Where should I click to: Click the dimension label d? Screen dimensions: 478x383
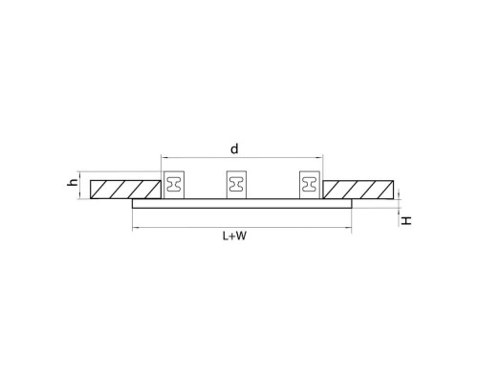[x=234, y=149]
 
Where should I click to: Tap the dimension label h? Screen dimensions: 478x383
[x=73, y=182]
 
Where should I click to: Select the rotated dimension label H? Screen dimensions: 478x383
[x=406, y=220]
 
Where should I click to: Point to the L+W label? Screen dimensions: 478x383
[x=234, y=237]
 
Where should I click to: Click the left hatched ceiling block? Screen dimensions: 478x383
[x=125, y=190]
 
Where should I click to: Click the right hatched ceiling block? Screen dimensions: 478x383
[x=358, y=190]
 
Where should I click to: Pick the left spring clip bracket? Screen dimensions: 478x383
[x=174, y=185]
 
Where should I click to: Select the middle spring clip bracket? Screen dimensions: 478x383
[x=236, y=185]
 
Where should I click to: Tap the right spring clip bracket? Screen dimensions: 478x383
[x=309, y=185]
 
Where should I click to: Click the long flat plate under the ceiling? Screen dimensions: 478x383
[x=242, y=204]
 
